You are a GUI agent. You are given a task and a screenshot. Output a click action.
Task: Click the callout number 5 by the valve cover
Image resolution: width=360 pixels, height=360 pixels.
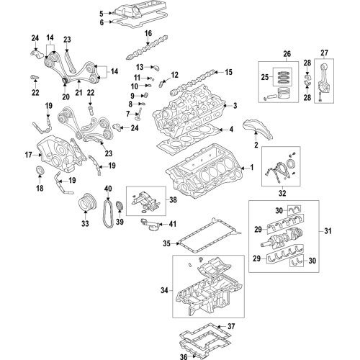pyautogui.click(x=102, y=13)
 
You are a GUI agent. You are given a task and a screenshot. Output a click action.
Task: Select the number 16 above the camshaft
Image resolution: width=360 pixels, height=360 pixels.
pyautogui.click(x=148, y=34)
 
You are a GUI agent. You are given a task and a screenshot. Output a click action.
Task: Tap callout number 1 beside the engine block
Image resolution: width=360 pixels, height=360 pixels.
pyautogui.click(x=251, y=168)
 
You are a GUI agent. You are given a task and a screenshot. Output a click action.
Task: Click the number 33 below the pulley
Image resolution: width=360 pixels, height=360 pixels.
pyautogui.click(x=85, y=223)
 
